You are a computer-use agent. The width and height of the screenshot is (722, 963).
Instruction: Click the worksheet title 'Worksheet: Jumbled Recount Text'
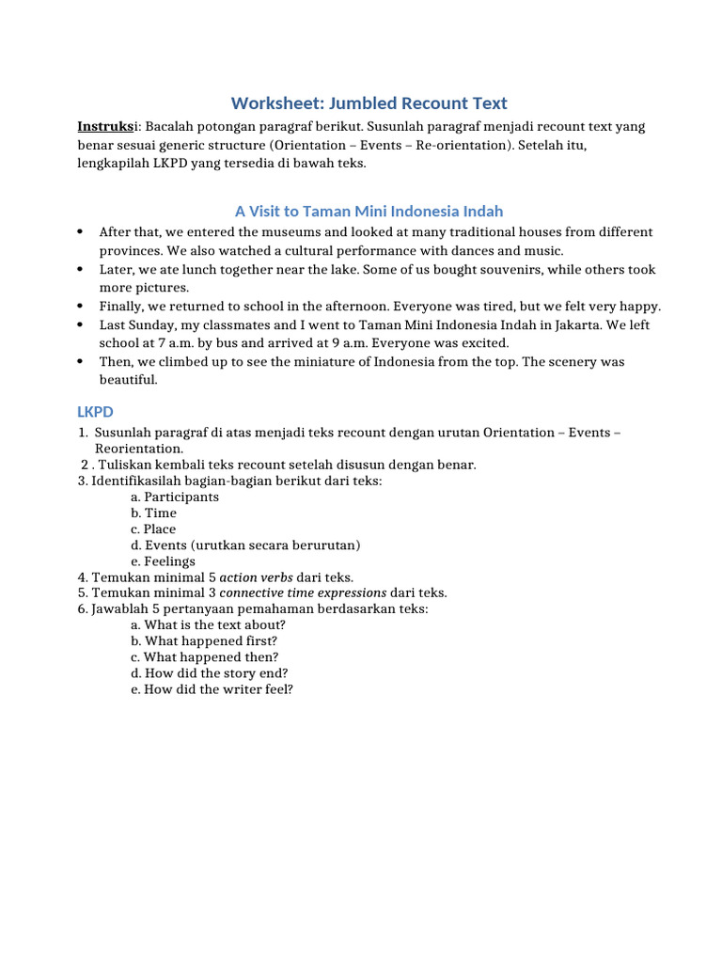[369, 103]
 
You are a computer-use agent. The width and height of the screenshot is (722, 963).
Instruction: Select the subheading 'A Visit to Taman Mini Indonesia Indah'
[369, 212]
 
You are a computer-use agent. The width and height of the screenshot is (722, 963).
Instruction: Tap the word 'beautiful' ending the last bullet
[129, 380]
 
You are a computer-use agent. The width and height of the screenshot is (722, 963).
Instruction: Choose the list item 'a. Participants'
[175, 497]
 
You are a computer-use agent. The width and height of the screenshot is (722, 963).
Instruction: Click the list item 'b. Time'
[154, 513]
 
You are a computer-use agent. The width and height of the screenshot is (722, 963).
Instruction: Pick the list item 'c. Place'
[154, 529]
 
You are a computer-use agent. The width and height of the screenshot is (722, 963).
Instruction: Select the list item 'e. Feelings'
[164, 561]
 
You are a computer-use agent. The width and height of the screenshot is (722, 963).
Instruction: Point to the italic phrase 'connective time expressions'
[303, 593]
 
